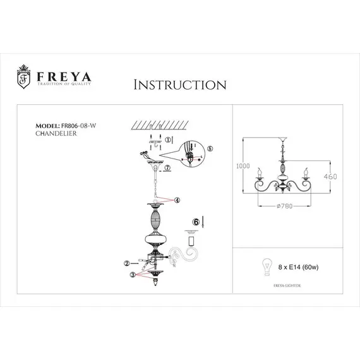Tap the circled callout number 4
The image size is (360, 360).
pyautogui.click(x=177, y=200)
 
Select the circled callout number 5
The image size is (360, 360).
pyautogui.click(x=210, y=149)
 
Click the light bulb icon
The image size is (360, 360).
pyautogui.click(x=267, y=265)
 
